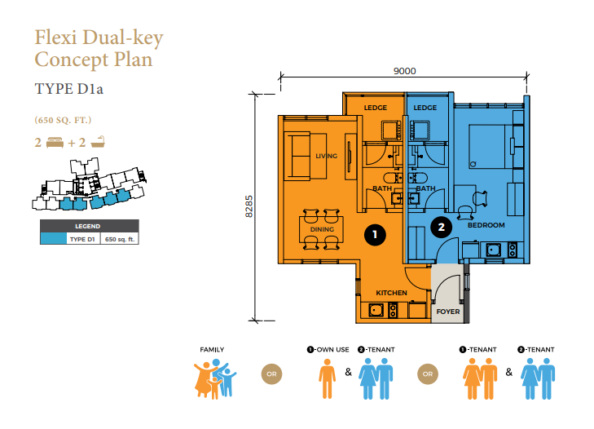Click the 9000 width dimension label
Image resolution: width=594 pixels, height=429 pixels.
(405, 71)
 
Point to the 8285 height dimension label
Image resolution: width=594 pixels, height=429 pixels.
(249, 206)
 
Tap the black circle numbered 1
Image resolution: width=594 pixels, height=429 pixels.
(375, 235)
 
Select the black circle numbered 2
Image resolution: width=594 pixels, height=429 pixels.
(442, 228)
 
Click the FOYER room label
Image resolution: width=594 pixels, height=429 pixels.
(448, 312)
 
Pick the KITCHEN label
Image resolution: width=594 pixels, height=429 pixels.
(391, 293)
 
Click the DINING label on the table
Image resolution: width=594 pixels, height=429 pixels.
(322, 229)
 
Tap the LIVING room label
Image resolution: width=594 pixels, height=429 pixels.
(326, 156)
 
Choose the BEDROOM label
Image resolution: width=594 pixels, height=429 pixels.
(486, 225)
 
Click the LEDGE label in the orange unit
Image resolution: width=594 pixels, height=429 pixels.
(376, 108)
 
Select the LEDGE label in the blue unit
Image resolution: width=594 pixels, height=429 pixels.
(425, 108)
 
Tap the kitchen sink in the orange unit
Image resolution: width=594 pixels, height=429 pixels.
(376, 310)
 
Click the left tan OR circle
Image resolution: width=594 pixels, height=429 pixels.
(271, 374)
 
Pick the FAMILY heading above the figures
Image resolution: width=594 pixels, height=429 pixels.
(212, 350)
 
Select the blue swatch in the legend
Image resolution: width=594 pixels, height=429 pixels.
(54, 239)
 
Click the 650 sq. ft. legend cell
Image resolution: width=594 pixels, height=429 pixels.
(120, 239)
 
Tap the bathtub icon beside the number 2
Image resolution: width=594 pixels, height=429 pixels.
(98, 142)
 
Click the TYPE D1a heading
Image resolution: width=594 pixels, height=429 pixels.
(69, 89)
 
